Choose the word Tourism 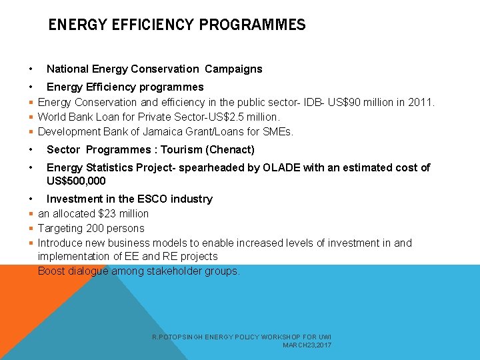point(184,149)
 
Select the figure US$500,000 point(76,181)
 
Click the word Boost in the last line point(52,271)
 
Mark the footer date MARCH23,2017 point(307,345)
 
